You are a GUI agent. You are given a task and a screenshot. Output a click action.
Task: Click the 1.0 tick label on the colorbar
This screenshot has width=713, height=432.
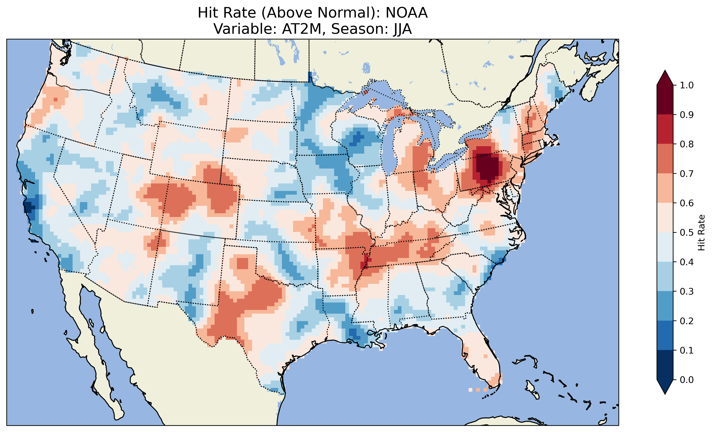coord(687,85)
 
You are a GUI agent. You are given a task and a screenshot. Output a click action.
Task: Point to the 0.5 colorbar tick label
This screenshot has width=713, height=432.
coord(687,233)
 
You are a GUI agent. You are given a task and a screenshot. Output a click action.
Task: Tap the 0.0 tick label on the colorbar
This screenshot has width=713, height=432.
coord(687,380)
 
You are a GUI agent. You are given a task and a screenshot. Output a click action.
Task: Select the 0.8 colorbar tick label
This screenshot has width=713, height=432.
coord(687,144)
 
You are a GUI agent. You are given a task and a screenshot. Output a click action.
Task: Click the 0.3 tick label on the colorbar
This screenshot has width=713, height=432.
coord(687,292)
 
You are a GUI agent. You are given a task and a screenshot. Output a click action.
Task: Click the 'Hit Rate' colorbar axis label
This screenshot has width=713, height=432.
coord(701,233)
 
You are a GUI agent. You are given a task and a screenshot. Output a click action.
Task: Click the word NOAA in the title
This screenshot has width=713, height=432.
coord(407,13)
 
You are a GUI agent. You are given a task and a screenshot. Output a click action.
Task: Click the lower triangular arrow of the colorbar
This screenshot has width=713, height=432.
coord(665,387)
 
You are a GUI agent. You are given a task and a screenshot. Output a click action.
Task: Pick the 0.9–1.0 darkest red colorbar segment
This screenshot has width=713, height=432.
coord(665,100)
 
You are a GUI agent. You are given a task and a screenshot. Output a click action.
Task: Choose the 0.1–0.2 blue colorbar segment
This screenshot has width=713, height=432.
coord(665,335)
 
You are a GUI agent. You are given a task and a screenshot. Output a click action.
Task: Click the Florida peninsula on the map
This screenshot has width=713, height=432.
coord(480,359)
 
